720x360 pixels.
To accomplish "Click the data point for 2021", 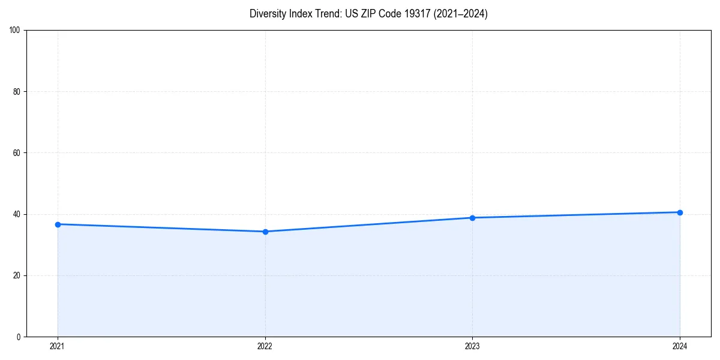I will pos(58,224).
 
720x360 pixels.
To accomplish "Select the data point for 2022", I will pos(265,232).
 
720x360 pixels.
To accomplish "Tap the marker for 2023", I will pos(472,218).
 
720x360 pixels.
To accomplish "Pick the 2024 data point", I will pos(680,212).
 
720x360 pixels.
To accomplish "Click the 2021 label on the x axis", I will pos(58,346).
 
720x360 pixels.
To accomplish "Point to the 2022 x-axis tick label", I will pos(265,346).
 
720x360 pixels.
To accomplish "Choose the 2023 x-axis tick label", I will pos(472,346).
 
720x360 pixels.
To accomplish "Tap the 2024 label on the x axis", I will pos(680,346).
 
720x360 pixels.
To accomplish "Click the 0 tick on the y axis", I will pos(19,337).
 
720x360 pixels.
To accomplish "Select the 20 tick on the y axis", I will pos(17,275).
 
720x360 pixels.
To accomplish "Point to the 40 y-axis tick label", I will pos(17,214).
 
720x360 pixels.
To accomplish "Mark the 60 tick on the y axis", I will pos(17,153).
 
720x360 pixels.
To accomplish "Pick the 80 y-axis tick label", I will pos(17,92).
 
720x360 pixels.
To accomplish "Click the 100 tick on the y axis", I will pos(15,31).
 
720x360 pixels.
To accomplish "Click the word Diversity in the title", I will pos(268,14).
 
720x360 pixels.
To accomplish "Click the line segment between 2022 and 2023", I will pos(368,225).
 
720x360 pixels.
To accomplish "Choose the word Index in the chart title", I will pos(301,14).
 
